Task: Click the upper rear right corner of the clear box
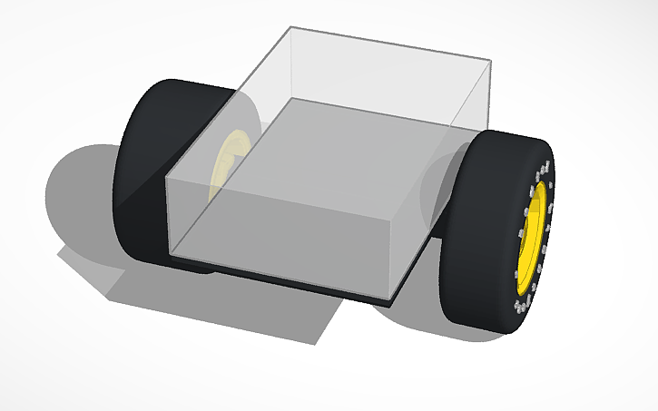491,62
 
